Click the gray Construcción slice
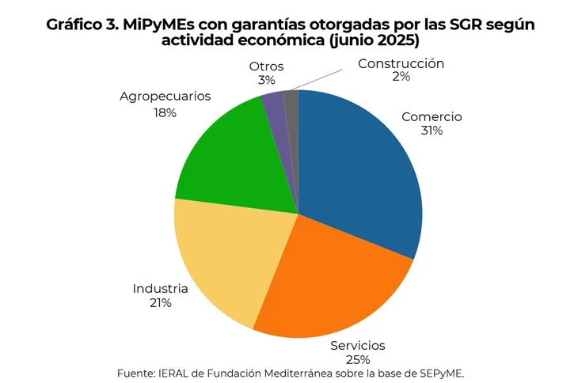(x=291, y=104)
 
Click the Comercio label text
(x=432, y=116)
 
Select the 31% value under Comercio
(x=432, y=131)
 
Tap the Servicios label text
(x=358, y=345)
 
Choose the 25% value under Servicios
(x=358, y=359)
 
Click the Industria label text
(x=160, y=288)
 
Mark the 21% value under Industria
(x=160, y=302)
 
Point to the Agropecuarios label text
(x=165, y=97)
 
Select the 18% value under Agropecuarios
(x=165, y=112)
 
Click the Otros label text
(x=266, y=66)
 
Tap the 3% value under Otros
(x=266, y=80)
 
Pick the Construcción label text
(x=401, y=63)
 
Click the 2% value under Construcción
(x=401, y=77)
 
